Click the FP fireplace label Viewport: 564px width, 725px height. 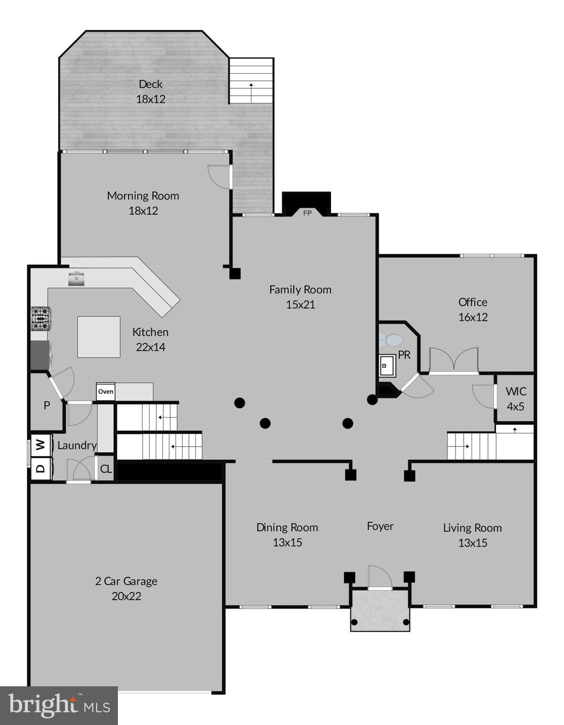point(307,213)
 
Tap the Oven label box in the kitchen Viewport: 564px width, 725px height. point(106,391)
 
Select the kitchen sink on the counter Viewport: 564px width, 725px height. point(76,278)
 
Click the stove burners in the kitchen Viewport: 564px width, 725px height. point(41,318)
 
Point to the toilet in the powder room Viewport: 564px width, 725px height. point(391,340)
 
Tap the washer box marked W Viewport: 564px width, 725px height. point(41,445)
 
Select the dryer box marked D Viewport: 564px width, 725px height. point(41,468)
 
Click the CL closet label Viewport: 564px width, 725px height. point(106,469)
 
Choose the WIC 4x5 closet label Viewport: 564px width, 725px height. point(515,399)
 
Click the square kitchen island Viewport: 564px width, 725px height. point(99,337)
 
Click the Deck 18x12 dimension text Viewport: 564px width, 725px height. point(150,99)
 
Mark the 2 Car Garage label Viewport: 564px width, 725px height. point(126,581)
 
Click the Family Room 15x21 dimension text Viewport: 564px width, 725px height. point(300,304)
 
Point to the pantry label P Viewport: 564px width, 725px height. point(47,405)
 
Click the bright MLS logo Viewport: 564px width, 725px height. point(59,705)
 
